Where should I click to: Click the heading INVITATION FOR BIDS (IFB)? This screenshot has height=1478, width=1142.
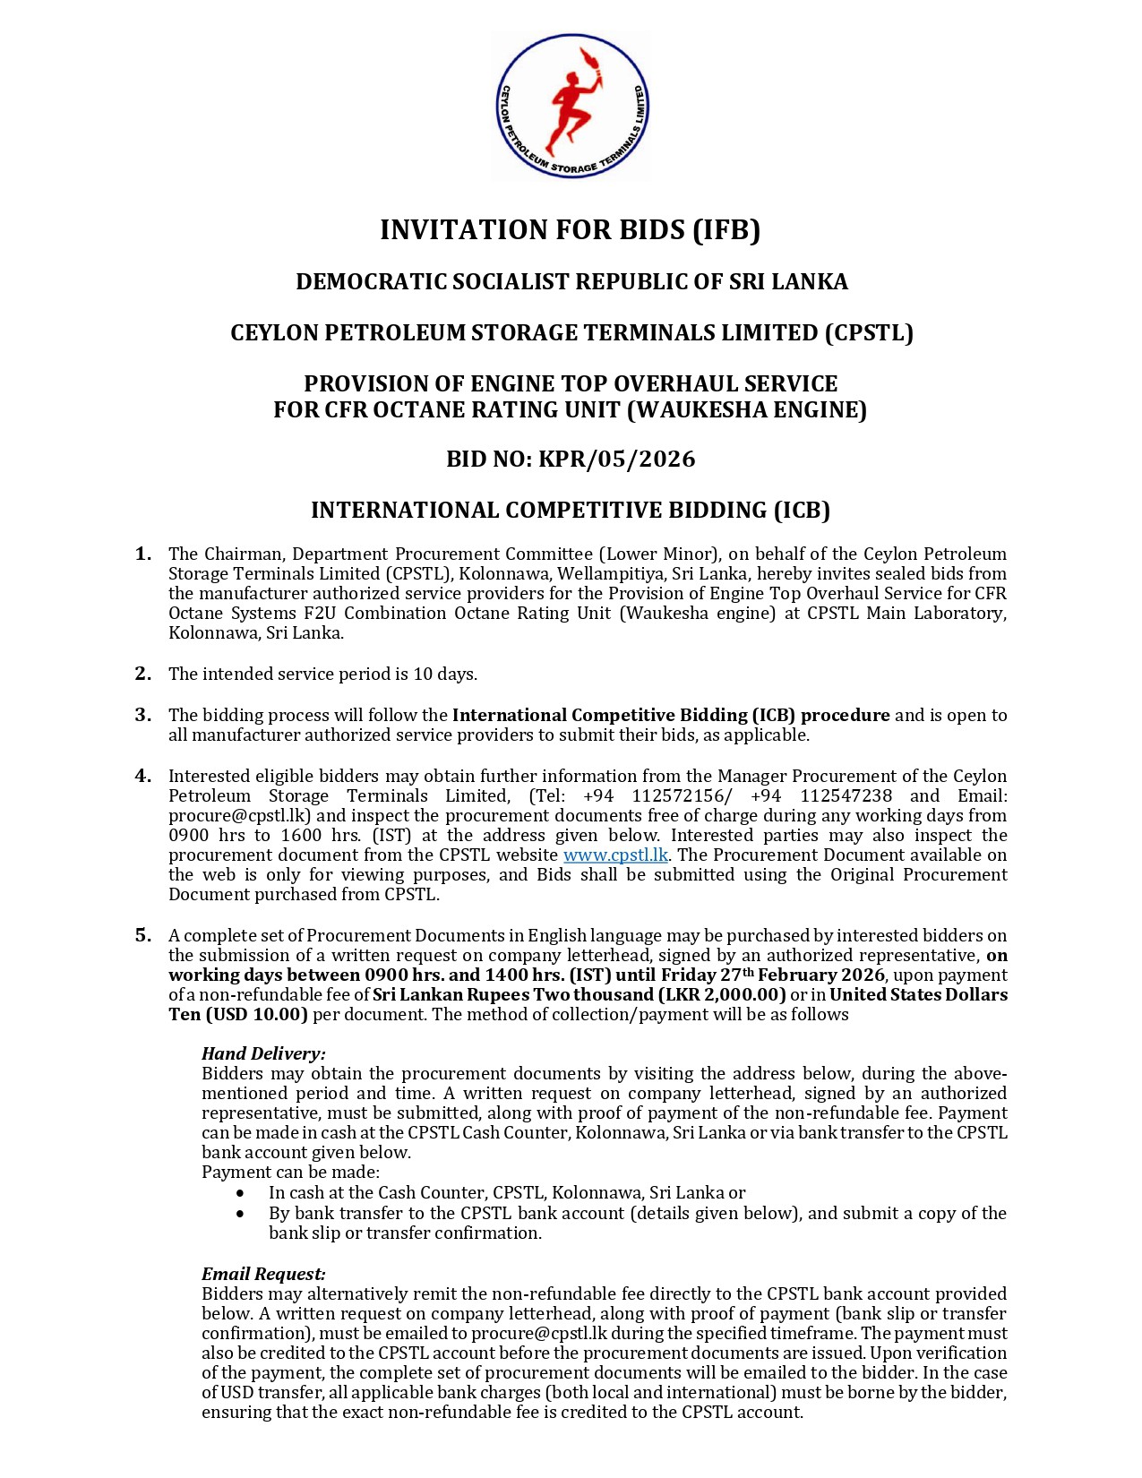[571, 230]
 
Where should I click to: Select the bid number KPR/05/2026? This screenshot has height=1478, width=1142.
[616, 460]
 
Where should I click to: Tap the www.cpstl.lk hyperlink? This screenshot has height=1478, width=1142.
[615, 855]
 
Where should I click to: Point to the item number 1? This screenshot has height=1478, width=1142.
[143, 554]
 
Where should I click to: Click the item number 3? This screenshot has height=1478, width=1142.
[143, 715]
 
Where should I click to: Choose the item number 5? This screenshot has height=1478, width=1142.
[143, 935]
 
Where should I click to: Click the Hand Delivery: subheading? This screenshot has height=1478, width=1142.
[263, 1053]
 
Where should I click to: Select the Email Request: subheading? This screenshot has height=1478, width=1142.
[263, 1274]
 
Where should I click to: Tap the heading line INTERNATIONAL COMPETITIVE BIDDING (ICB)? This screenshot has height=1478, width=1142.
[571, 511]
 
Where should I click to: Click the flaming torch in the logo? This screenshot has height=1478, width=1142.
[591, 64]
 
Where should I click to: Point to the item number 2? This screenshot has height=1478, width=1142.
[143, 674]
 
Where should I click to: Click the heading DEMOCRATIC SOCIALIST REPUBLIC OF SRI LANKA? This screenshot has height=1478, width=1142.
[571, 282]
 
